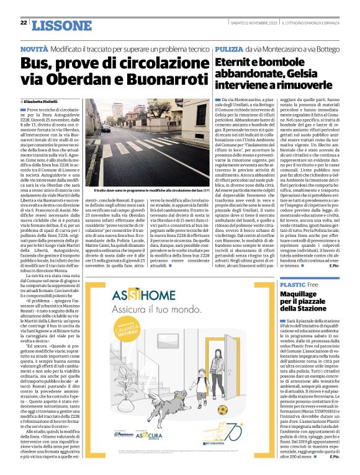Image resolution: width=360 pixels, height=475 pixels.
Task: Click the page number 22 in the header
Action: (24, 23)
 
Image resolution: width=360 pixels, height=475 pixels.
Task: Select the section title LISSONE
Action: (60, 25)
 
